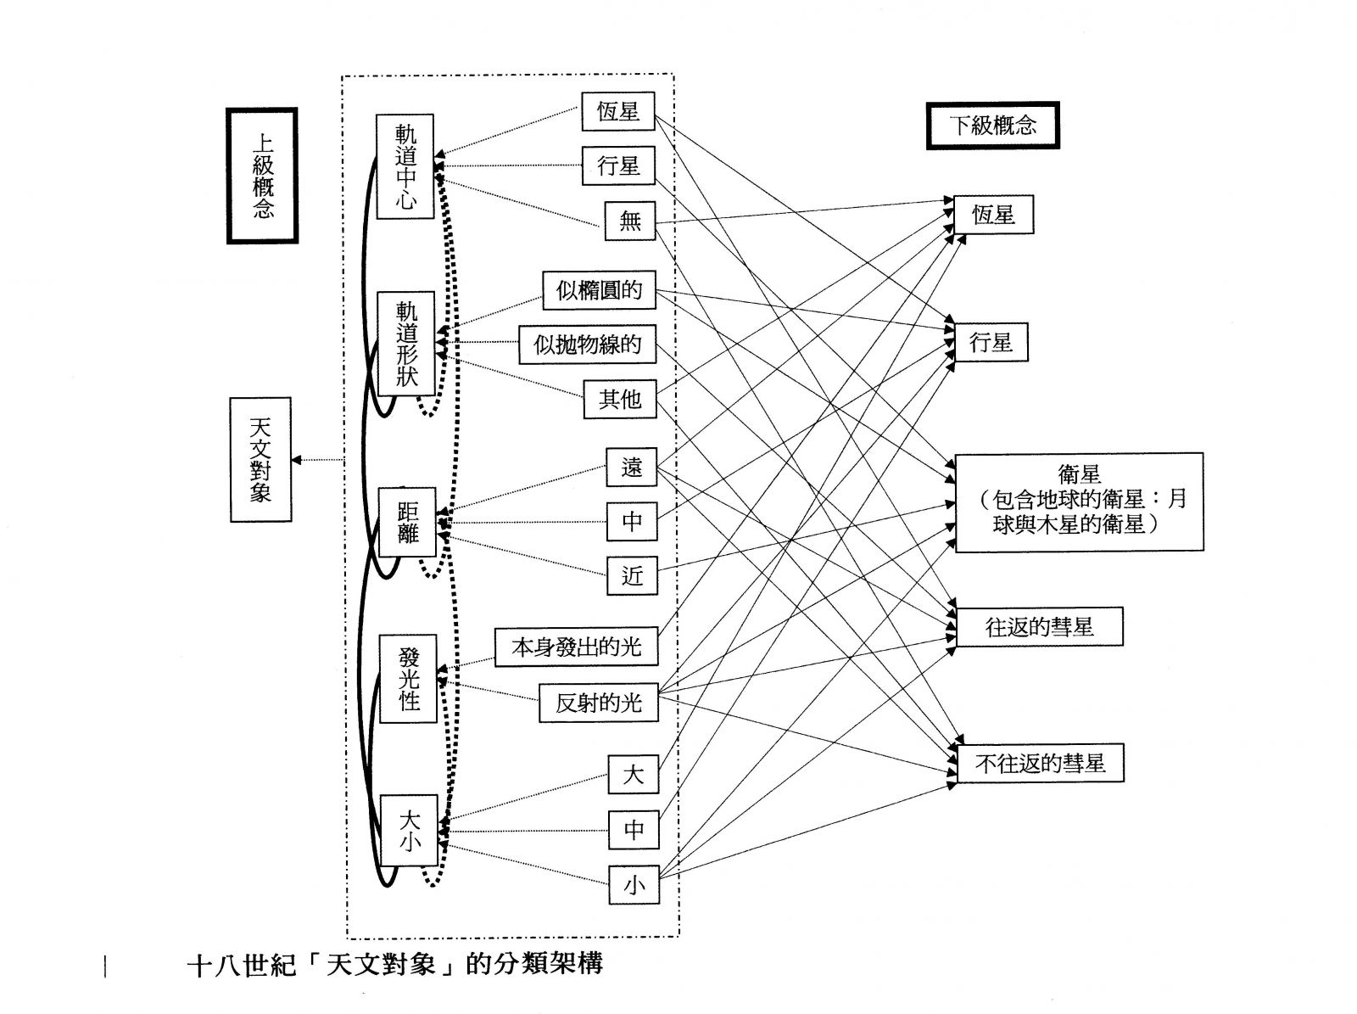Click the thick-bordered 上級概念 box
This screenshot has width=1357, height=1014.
tap(262, 176)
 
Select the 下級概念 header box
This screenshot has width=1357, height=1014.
tap(992, 126)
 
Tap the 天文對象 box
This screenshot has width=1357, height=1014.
tap(261, 459)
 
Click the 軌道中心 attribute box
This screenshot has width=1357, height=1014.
tap(405, 167)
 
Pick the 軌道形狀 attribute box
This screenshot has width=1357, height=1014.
tap(406, 344)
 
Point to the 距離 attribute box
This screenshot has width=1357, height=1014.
tap(407, 522)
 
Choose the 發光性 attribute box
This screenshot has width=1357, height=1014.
tap(408, 678)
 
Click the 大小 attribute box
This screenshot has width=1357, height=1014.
tap(409, 831)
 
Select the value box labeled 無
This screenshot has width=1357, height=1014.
tap(630, 221)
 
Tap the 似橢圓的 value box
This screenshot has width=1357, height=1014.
tap(599, 291)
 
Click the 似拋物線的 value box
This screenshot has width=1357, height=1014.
tap(587, 345)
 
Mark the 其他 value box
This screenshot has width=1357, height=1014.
tap(620, 399)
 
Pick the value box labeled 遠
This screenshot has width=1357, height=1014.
tap(632, 468)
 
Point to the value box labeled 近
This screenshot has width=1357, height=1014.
tap(632, 576)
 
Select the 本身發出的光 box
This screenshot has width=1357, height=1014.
tap(577, 647)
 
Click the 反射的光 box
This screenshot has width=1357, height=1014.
tap(599, 703)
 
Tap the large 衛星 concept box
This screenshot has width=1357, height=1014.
tap(1079, 502)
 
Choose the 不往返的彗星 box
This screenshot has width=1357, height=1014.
tap(1040, 764)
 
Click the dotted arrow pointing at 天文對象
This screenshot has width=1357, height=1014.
tap(317, 460)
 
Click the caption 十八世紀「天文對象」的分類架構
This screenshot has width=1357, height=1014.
tap(394, 965)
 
